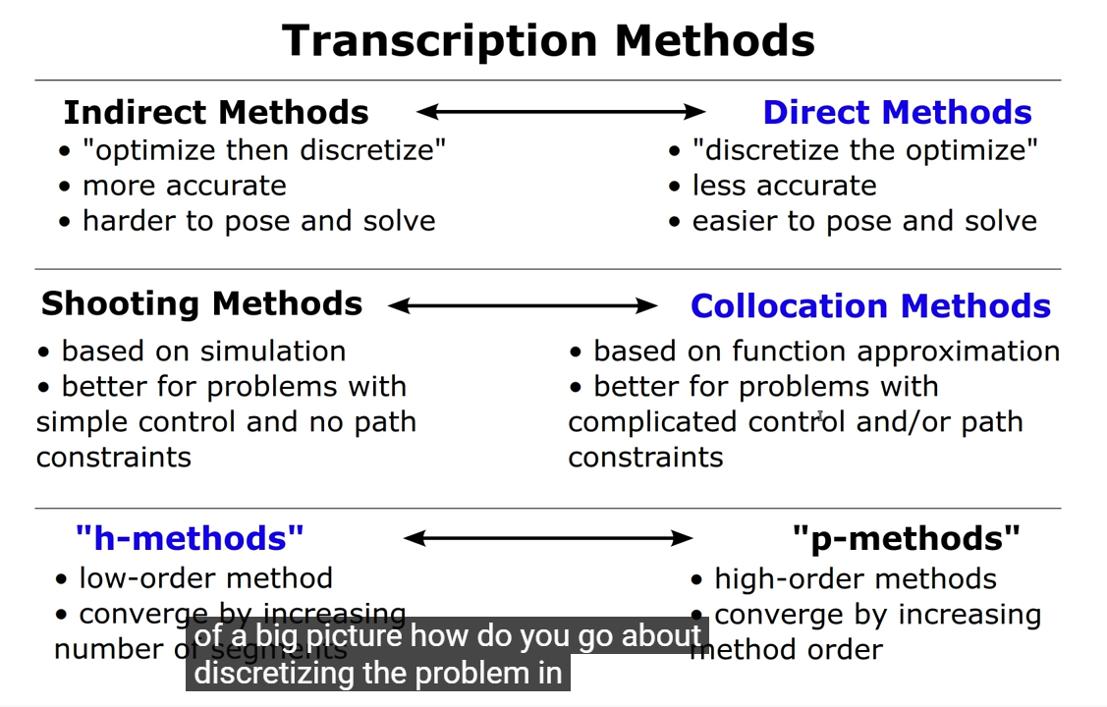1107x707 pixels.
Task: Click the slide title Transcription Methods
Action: coord(548,41)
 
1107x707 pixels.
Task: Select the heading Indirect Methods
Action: coord(216,113)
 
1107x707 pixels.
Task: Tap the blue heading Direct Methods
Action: coord(897,113)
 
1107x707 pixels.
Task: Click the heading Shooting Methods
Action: coord(201,304)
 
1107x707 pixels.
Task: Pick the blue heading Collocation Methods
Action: coord(870,306)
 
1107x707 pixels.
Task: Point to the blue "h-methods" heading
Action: coord(190,538)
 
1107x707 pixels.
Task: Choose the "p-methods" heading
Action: coord(906,538)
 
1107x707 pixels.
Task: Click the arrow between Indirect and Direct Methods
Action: coord(561,112)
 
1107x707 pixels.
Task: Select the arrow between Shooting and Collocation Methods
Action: coord(523,306)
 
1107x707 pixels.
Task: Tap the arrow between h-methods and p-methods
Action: coord(548,538)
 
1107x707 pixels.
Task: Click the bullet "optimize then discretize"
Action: coord(263,150)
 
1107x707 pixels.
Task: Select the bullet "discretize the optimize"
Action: coord(864,150)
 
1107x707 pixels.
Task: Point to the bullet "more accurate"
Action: coord(184,186)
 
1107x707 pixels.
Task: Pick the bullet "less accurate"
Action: coord(784,186)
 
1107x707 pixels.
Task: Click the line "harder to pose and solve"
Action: coord(258,221)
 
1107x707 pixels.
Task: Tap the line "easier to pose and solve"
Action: coord(864,221)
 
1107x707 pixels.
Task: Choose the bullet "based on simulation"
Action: coord(202,352)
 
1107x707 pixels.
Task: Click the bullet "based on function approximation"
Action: coord(825,352)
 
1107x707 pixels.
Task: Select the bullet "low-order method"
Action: coord(204,578)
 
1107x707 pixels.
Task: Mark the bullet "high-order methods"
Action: coord(855,579)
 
